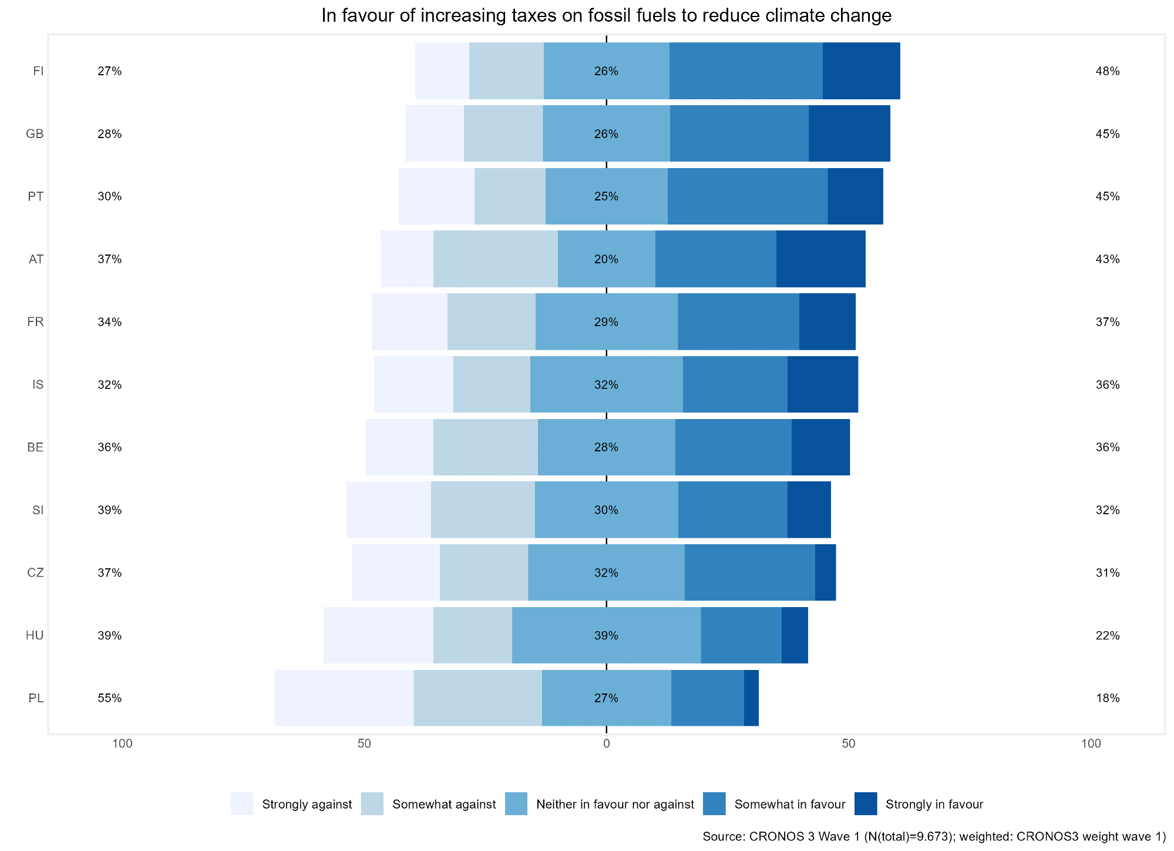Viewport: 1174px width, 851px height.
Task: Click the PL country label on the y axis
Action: pyautogui.click(x=36, y=698)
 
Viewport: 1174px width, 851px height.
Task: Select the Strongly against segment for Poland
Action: pyautogui.click(x=344, y=698)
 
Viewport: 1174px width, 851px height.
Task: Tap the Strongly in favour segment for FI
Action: pyautogui.click(x=861, y=71)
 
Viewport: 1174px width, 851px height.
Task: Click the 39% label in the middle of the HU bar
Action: pyautogui.click(x=606, y=635)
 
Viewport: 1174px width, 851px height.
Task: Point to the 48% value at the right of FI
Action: pyautogui.click(x=1107, y=71)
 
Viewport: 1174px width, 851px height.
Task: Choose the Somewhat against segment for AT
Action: pyautogui.click(x=495, y=259)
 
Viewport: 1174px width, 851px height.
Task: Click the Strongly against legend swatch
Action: pyautogui.click(x=242, y=804)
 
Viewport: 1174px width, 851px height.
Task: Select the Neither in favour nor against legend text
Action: pyautogui.click(x=615, y=804)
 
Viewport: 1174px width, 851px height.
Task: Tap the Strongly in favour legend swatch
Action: pyautogui.click(x=866, y=804)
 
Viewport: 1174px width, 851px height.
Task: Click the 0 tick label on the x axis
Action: pyautogui.click(x=606, y=743)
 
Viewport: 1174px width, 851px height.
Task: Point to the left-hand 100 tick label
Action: pyautogui.click(x=122, y=743)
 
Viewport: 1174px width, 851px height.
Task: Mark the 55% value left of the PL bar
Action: pyautogui.click(x=110, y=698)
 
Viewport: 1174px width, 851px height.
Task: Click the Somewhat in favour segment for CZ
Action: pyautogui.click(x=749, y=572)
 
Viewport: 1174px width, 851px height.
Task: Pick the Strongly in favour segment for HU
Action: pyautogui.click(x=795, y=635)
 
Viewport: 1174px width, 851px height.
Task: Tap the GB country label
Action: pyautogui.click(x=35, y=134)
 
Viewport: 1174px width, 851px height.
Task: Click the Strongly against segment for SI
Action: pyautogui.click(x=388, y=510)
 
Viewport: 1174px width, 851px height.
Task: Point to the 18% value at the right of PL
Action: pyautogui.click(x=1107, y=698)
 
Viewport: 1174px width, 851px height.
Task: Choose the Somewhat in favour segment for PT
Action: pyautogui.click(x=747, y=196)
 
